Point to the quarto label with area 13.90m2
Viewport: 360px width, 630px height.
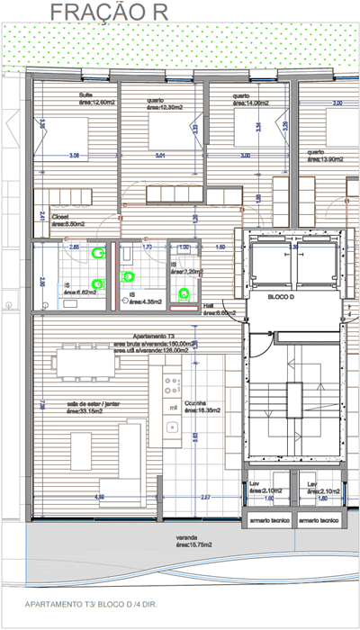323,156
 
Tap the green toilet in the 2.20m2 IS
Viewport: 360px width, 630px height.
185,292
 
